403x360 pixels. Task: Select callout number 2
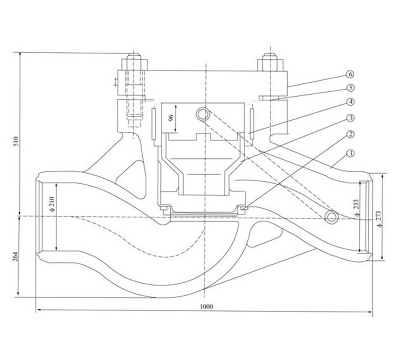(x=350, y=134)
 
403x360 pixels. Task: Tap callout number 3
(x=350, y=118)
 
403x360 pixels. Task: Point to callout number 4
(x=350, y=102)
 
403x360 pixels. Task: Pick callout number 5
(x=350, y=88)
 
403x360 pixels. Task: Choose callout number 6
(x=350, y=74)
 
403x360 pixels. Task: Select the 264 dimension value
(x=15, y=256)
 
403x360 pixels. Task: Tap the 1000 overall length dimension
(x=206, y=307)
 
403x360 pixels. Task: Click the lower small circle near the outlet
(x=332, y=217)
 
